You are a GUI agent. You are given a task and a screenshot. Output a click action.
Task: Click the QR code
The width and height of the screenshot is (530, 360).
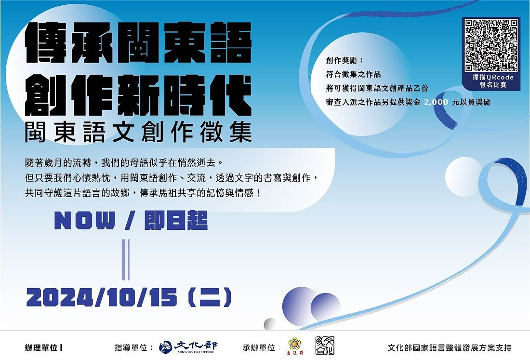click(491, 45)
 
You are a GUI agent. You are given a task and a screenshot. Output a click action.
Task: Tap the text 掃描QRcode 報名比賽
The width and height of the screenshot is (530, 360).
click(493, 81)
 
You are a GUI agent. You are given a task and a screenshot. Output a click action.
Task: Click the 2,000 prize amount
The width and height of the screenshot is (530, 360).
click(436, 102)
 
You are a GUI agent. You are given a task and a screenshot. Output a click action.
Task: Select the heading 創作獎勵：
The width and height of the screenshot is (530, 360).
click(345, 61)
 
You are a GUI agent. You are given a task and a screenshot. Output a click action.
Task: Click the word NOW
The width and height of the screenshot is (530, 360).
click(85, 221)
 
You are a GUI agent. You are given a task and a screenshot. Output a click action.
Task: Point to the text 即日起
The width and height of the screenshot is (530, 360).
click(176, 220)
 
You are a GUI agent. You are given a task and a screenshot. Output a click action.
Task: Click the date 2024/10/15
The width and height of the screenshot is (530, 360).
click(102, 297)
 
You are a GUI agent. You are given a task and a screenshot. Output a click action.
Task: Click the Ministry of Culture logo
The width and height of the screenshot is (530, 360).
click(188, 347)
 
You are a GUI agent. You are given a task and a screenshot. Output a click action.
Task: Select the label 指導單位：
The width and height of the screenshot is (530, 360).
click(134, 348)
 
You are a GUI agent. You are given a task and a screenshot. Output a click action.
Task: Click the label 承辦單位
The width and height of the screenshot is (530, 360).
click(259, 348)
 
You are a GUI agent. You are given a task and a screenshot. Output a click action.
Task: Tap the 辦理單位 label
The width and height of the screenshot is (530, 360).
click(41, 348)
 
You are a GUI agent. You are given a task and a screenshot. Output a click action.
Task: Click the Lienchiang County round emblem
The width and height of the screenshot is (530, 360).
click(295, 345)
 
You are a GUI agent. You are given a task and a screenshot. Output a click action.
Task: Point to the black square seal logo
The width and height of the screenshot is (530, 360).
click(325, 346)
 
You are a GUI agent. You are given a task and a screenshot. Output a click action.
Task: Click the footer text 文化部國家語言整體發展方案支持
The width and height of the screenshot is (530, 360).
click(450, 348)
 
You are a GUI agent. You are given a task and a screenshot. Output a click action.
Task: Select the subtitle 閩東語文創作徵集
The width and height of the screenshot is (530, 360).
click(138, 132)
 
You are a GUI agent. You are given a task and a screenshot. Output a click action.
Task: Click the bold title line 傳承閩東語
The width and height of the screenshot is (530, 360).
click(138, 42)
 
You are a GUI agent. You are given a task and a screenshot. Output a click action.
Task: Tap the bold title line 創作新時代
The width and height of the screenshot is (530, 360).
click(138, 95)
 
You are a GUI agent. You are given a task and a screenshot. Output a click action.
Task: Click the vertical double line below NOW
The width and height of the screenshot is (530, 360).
click(126, 260)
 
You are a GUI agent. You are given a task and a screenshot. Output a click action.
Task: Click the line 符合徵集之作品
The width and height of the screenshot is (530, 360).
click(353, 74)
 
